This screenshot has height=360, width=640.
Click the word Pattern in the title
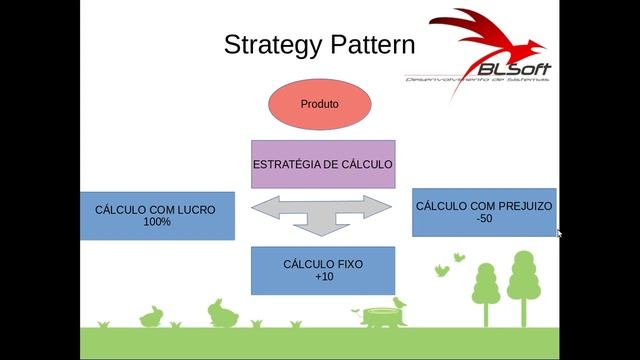(364, 44)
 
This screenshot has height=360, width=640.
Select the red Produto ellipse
(320, 104)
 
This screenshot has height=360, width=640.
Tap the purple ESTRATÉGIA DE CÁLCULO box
(322, 164)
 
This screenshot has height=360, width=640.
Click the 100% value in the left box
(157, 222)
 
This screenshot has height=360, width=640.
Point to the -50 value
(483, 218)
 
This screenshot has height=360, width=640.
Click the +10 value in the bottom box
(323, 276)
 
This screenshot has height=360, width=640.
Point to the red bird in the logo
(470, 40)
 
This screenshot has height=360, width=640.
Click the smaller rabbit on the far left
(152, 317)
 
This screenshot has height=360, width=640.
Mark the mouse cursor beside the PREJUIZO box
(559, 233)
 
